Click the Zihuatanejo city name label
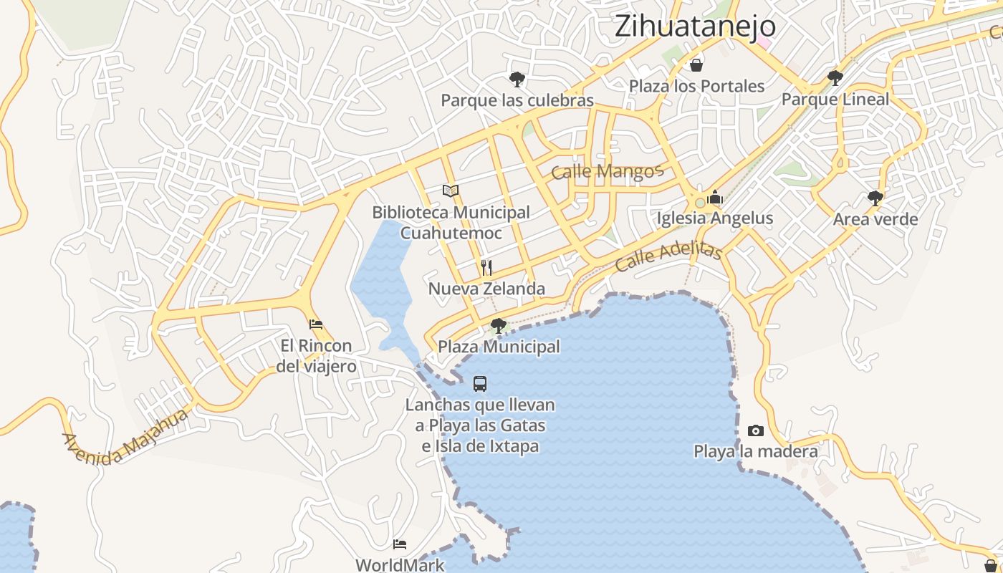pyautogui.click(x=695, y=26)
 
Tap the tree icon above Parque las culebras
pyautogui.click(x=517, y=79)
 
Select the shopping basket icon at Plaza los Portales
pyautogui.click(x=696, y=66)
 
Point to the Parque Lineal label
pyautogui.click(x=835, y=100)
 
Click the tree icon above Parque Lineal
pyautogui.click(x=835, y=77)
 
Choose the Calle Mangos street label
pyautogui.click(x=608, y=172)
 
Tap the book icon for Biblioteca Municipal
pyautogui.click(x=451, y=191)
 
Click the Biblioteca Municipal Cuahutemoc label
pyautogui.click(x=451, y=223)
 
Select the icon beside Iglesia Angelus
pyautogui.click(x=715, y=197)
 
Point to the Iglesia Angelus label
pyautogui.click(x=715, y=218)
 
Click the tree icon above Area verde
pyautogui.click(x=875, y=198)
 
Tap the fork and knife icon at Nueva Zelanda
pyautogui.click(x=486, y=268)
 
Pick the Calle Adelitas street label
pyautogui.click(x=668, y=256)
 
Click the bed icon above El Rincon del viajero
pyautogui.click(x=316, y=324)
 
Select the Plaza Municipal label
pyautogui.click(x=499, y=347)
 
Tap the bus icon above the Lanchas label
pyautogui.click(x=480, y=384)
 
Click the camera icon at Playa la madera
pyautogui.click(x=755, y=430)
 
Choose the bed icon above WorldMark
pyautogui.click(x=400, y=544)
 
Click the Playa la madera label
pyautogui.click(x=755, y=452)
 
